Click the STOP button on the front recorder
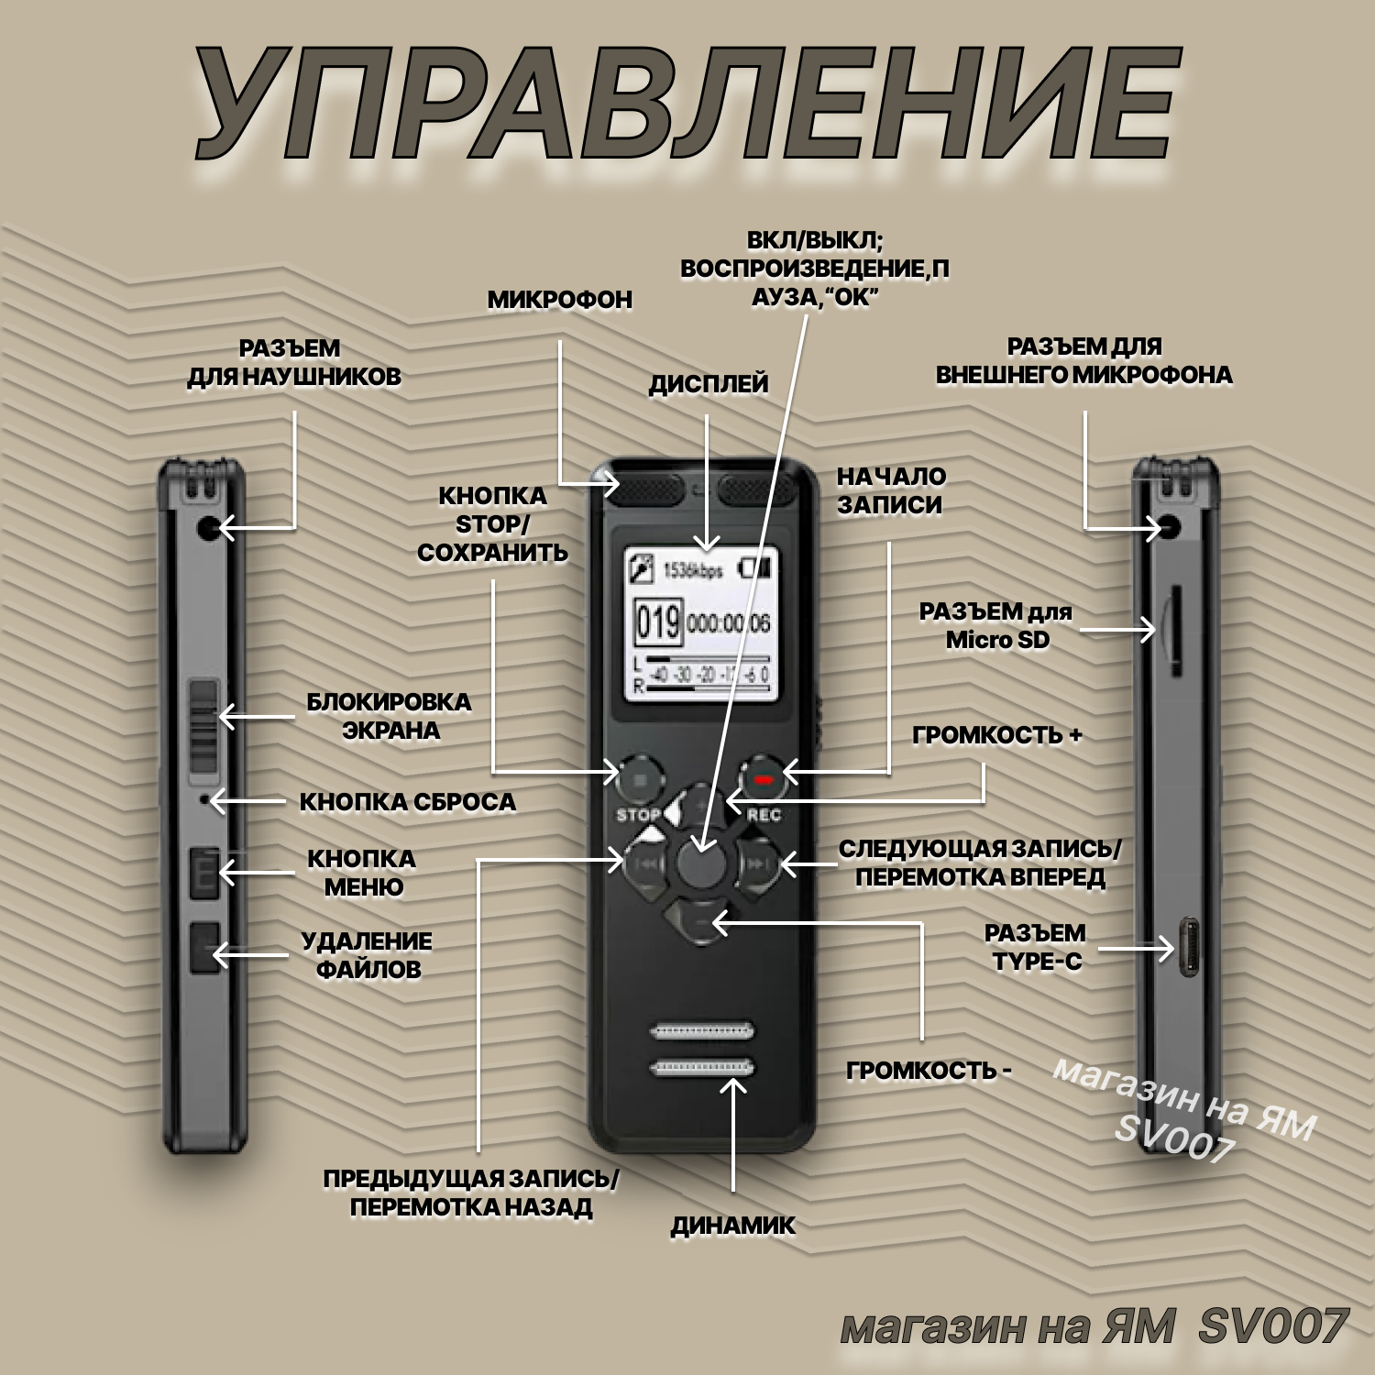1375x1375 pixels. coord(640,780)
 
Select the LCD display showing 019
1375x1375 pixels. coord(702,624)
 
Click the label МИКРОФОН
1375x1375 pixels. coord(559,300)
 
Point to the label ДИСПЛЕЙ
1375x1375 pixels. coord(708,384)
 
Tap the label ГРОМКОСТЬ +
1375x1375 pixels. coord(996,735)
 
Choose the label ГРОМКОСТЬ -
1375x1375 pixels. coord(928,1071)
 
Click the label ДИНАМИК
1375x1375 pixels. coord(732,1226)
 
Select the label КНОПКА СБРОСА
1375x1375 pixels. coord(407,802)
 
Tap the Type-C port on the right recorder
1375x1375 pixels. coord(1189,947)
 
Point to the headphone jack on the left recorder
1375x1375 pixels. coord(208,528)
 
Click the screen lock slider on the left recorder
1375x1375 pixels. coord(203,724)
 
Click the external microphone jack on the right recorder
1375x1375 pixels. coord(1171,527)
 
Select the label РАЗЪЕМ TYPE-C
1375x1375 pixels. coord(1036,947)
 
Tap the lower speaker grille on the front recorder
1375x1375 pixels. coord(702,1067)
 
